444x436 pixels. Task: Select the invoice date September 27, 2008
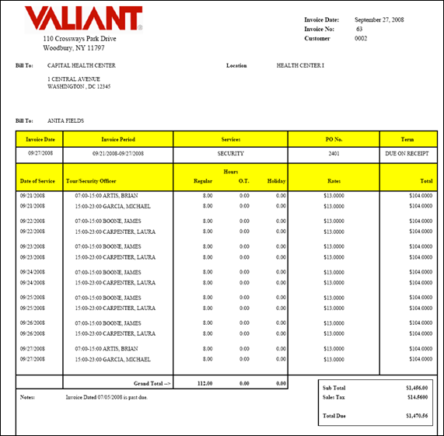379,19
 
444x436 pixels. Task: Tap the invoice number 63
359,29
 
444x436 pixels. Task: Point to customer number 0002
360,38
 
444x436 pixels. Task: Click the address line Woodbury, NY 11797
74,48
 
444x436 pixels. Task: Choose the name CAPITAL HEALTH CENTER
82,66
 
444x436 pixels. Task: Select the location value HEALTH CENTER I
300,66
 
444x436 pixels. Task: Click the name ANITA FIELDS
65,121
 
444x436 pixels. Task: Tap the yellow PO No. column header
334,139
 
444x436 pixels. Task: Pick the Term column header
407,139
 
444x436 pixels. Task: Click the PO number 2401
334,154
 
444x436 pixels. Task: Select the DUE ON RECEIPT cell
407,154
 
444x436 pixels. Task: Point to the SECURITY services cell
230,154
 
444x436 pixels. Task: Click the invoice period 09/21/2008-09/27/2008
118,154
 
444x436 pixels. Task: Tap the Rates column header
334,181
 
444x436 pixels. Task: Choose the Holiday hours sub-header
276,181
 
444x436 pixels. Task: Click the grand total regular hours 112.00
204,383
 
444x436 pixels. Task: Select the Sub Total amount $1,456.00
417,386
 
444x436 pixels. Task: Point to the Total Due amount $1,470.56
417,416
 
